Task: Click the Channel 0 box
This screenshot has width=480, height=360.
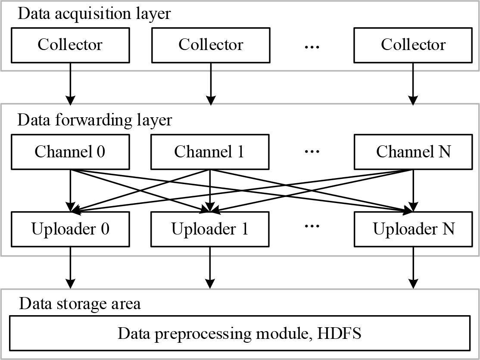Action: tap(70, 152)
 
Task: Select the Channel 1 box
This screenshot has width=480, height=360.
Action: tap(210, 152)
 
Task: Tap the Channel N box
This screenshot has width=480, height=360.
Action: tap(413, 152)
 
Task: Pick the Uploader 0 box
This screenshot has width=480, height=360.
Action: tap(70, 229)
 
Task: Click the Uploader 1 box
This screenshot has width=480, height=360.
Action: tap(210, 229)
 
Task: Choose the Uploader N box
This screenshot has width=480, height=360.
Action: tap(413, 229)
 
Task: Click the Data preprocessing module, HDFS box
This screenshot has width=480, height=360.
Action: tap(240, 333)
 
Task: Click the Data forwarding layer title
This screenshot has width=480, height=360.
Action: tap(94, 120)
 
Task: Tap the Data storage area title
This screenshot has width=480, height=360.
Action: tap(80, 304)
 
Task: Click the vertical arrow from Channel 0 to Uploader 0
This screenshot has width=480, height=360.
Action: tap(70, 190)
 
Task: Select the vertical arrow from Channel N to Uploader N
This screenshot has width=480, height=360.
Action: tap(413, 190)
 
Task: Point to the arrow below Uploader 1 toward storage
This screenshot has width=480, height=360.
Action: tap(210, 267)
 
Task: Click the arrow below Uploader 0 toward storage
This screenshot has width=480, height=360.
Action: tap(70, 267)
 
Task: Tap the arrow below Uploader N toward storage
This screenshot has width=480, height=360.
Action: tap(413, 267)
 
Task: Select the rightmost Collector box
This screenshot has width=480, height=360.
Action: tap(413, 45)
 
